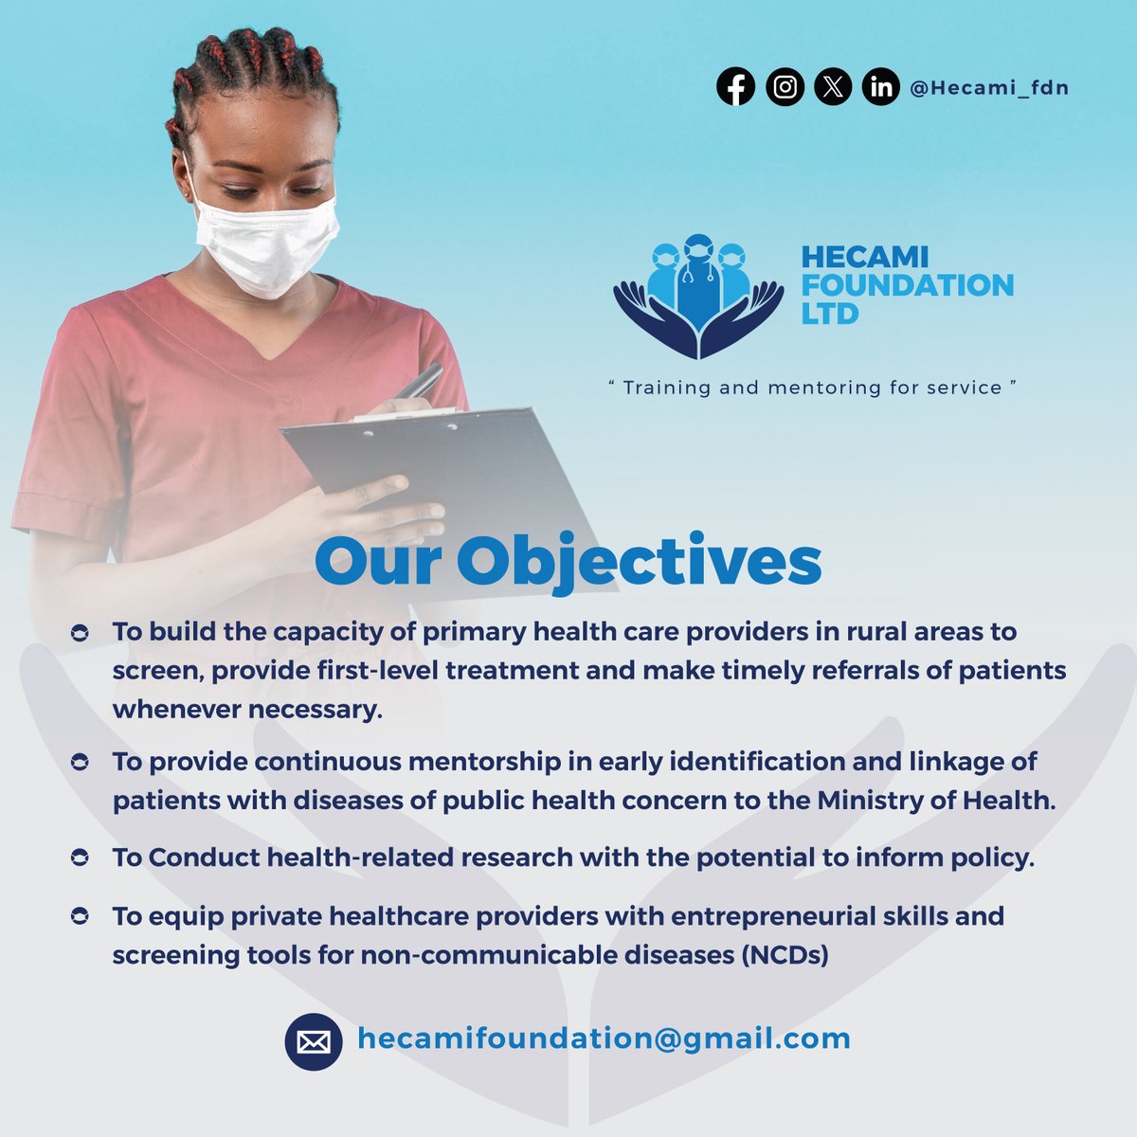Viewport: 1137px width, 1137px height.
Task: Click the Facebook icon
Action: (x=735, y=88)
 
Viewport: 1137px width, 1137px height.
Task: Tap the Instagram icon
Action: (x=785, y=88)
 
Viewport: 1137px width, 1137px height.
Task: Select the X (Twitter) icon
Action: (x=833, y=88)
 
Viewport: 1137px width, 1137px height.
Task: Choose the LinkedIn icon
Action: (x=881, y=88)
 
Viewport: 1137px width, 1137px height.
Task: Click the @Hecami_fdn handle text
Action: (x=988, y=88)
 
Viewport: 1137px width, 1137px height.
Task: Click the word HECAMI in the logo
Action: (x=865, y=257)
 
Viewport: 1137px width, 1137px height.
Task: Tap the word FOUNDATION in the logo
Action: (x=908, y=285)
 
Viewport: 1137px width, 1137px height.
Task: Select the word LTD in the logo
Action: (x=830, y=314)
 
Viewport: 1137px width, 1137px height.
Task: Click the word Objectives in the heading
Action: (x=639, y=562)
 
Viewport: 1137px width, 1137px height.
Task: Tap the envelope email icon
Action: (x=314, y=1042)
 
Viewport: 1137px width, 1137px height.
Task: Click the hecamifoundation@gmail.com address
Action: (x=604, y=1038)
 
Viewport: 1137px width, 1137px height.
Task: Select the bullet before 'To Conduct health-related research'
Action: (x=81, y=858)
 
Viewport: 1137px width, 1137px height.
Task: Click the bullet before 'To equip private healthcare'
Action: (x=81, y=917)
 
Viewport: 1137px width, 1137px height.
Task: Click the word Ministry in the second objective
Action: (x=867, y=801)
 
